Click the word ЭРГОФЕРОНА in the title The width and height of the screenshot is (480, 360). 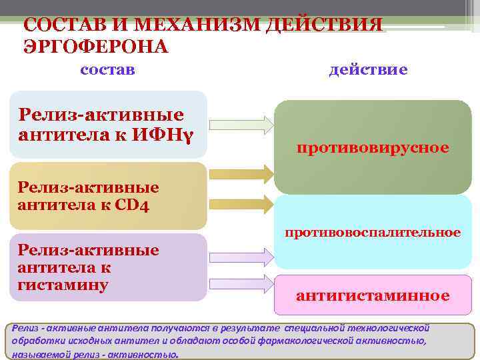pos(96,47)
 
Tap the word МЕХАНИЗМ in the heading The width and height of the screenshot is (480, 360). pos(193,27)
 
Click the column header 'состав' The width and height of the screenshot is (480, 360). pos(107,69)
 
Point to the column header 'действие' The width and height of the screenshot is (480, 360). pos(369,69)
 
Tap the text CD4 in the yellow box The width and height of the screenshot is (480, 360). pos(131,203)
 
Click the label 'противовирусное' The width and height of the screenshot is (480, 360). pos(373,147)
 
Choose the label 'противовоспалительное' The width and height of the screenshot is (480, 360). pos(373,233)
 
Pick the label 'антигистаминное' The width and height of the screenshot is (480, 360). pos(373,295)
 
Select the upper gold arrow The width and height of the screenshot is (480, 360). pos(241,175)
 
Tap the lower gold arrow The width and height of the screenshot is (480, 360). pos(241,203)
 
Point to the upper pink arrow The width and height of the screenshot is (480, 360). pos(241,255)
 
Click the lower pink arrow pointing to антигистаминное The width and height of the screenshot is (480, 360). pos(241,283)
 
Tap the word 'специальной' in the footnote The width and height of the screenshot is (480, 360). pos(313,328)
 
